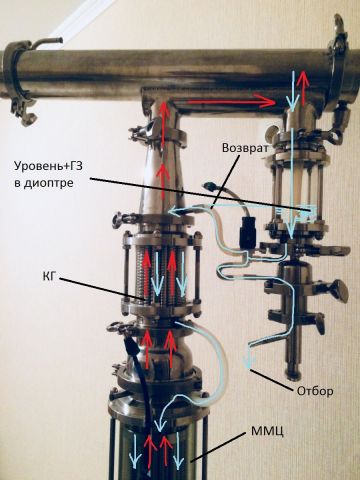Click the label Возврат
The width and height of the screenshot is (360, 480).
coord(245,148)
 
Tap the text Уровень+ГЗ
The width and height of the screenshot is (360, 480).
coord(48,165)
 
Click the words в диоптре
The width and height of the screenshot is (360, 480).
coord(43,183)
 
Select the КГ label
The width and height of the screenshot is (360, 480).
coord(49,276)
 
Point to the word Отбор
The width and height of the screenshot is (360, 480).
coord(315,391)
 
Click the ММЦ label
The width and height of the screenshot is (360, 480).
coord(267,431)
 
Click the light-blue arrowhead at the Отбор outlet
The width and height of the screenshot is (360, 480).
coord(249,362)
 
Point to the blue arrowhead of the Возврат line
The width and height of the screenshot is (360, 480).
coord(174,210)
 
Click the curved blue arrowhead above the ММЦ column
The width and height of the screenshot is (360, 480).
coord(162,422)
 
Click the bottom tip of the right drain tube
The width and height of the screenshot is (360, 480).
coord(294,377)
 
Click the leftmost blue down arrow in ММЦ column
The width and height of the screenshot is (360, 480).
coord(135,450)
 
